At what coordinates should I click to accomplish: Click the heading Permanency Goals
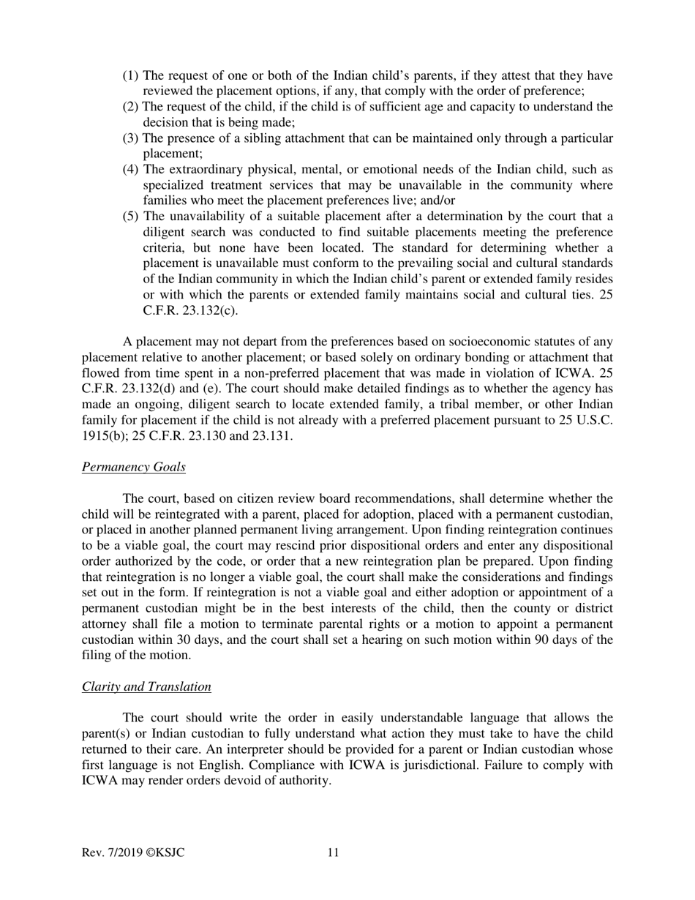tap(133, 467)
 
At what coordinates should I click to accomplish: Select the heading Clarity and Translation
tap(146, 686)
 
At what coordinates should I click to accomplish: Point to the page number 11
tap(333, 852)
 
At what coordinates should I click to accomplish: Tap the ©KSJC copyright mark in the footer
tap(165, 852)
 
